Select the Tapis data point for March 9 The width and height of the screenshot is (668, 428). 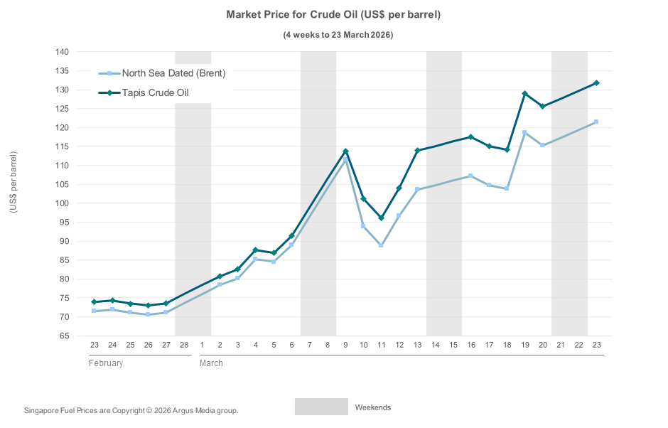point(345,151)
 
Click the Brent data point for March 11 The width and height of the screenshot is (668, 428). point(382,245)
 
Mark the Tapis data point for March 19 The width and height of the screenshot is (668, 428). point(525,94)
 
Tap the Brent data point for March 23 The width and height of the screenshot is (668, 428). point(596,122)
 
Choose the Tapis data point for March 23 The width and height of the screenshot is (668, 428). point(596,83)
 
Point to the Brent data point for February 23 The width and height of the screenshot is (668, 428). point(94,311)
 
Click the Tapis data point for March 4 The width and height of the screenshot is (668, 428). point(255,250)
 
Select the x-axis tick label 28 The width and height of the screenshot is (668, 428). point(184,345)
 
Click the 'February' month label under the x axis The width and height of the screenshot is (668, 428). point(106,363)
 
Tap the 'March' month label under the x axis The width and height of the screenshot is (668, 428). point(211,363)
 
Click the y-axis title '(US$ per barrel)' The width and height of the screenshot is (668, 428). point(14,183)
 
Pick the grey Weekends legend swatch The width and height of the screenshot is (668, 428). point(321,407)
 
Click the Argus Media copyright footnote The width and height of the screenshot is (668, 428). point(131,410)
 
